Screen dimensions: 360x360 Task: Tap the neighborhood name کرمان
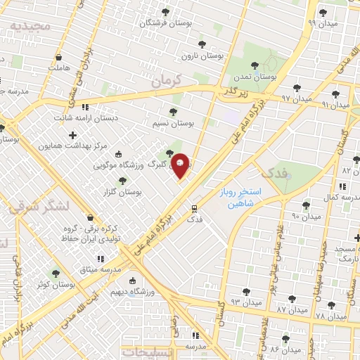(x=167, y=81)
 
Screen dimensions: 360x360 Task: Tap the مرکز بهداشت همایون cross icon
(x=73, y=134)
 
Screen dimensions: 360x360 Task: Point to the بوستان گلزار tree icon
(x=123, y=181)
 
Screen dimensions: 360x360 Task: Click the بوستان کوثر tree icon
(x=56, y=274)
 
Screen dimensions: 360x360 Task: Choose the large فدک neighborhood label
(x=274, y=172)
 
